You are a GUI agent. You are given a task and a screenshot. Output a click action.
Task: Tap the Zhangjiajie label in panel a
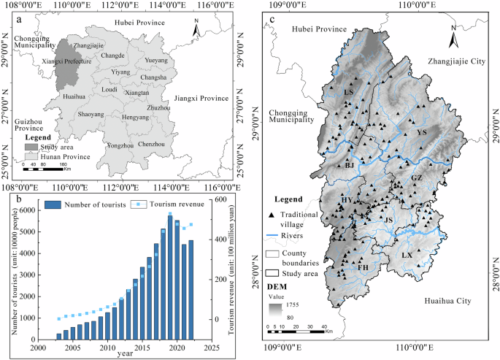coord(88,45)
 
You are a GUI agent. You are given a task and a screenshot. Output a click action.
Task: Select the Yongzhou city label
coord(118,145)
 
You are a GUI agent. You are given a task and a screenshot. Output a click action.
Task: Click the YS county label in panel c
coord(421,133)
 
